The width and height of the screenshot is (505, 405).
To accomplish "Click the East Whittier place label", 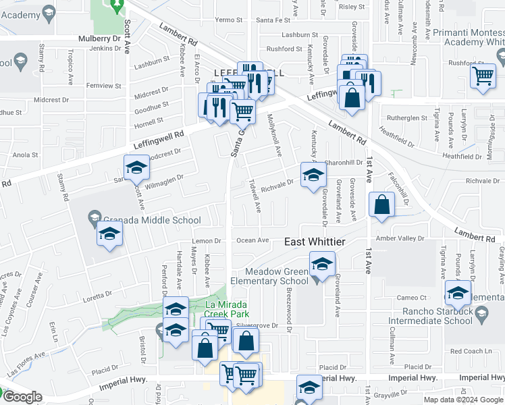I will [315, 242].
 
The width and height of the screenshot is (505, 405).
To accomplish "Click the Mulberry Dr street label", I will [103, 39].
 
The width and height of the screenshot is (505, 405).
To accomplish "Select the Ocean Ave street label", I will [252, 240].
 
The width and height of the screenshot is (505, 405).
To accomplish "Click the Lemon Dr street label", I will [207, 241].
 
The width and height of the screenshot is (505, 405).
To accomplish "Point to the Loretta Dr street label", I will [99, 295].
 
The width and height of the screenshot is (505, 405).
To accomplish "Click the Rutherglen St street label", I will [408, 117].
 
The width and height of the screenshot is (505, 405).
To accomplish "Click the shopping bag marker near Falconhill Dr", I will [381, 205].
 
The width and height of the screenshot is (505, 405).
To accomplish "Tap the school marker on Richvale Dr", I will [312, 176].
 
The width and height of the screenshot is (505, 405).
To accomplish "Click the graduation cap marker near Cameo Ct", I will [457, 294].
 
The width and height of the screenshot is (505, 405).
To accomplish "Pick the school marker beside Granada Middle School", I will [108, 235].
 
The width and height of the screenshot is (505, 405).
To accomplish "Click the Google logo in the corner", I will [22, 397].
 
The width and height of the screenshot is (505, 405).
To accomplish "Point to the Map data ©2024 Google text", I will [463, 400].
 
